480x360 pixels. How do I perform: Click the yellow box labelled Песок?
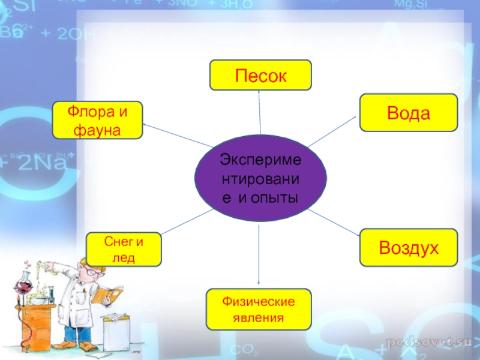click(260, 75)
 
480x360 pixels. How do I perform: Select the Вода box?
click(408, 112)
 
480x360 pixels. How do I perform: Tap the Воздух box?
click(408, 247)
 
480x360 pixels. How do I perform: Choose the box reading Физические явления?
click(259, 309)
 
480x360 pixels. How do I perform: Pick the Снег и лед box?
click(124, 249)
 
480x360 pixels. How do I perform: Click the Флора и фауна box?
click(97, 120)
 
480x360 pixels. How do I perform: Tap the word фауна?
click(96, 129)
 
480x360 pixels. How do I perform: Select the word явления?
click(259, 317)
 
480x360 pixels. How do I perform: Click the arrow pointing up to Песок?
click(259, 111)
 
